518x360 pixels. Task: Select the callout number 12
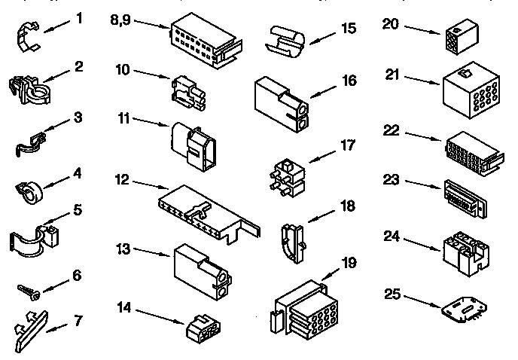coord(123,180)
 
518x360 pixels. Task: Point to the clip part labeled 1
coord(28,37)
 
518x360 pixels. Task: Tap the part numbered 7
coord(29,325)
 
